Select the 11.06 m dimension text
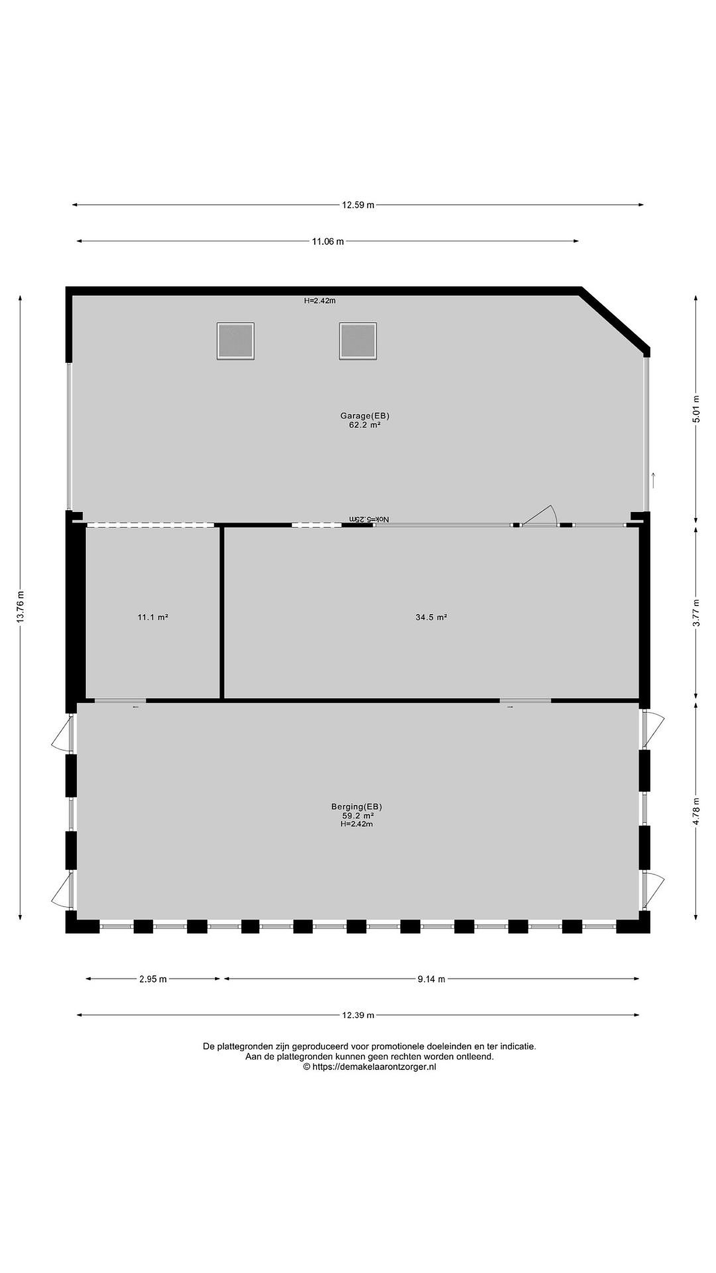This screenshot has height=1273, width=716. (328, 242)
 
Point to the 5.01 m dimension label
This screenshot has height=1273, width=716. (696, 409)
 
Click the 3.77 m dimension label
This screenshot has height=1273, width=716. (696, 613)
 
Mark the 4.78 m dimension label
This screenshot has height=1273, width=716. (696, 812)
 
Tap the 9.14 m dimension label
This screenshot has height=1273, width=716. (431, 979)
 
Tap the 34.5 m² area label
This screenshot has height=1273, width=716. (431, 617)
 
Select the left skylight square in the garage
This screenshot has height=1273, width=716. (235, 341)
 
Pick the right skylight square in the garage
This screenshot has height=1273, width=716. (358, 341)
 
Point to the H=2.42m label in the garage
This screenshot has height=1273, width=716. (320, 301)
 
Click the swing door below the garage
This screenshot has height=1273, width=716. (540, 515)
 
